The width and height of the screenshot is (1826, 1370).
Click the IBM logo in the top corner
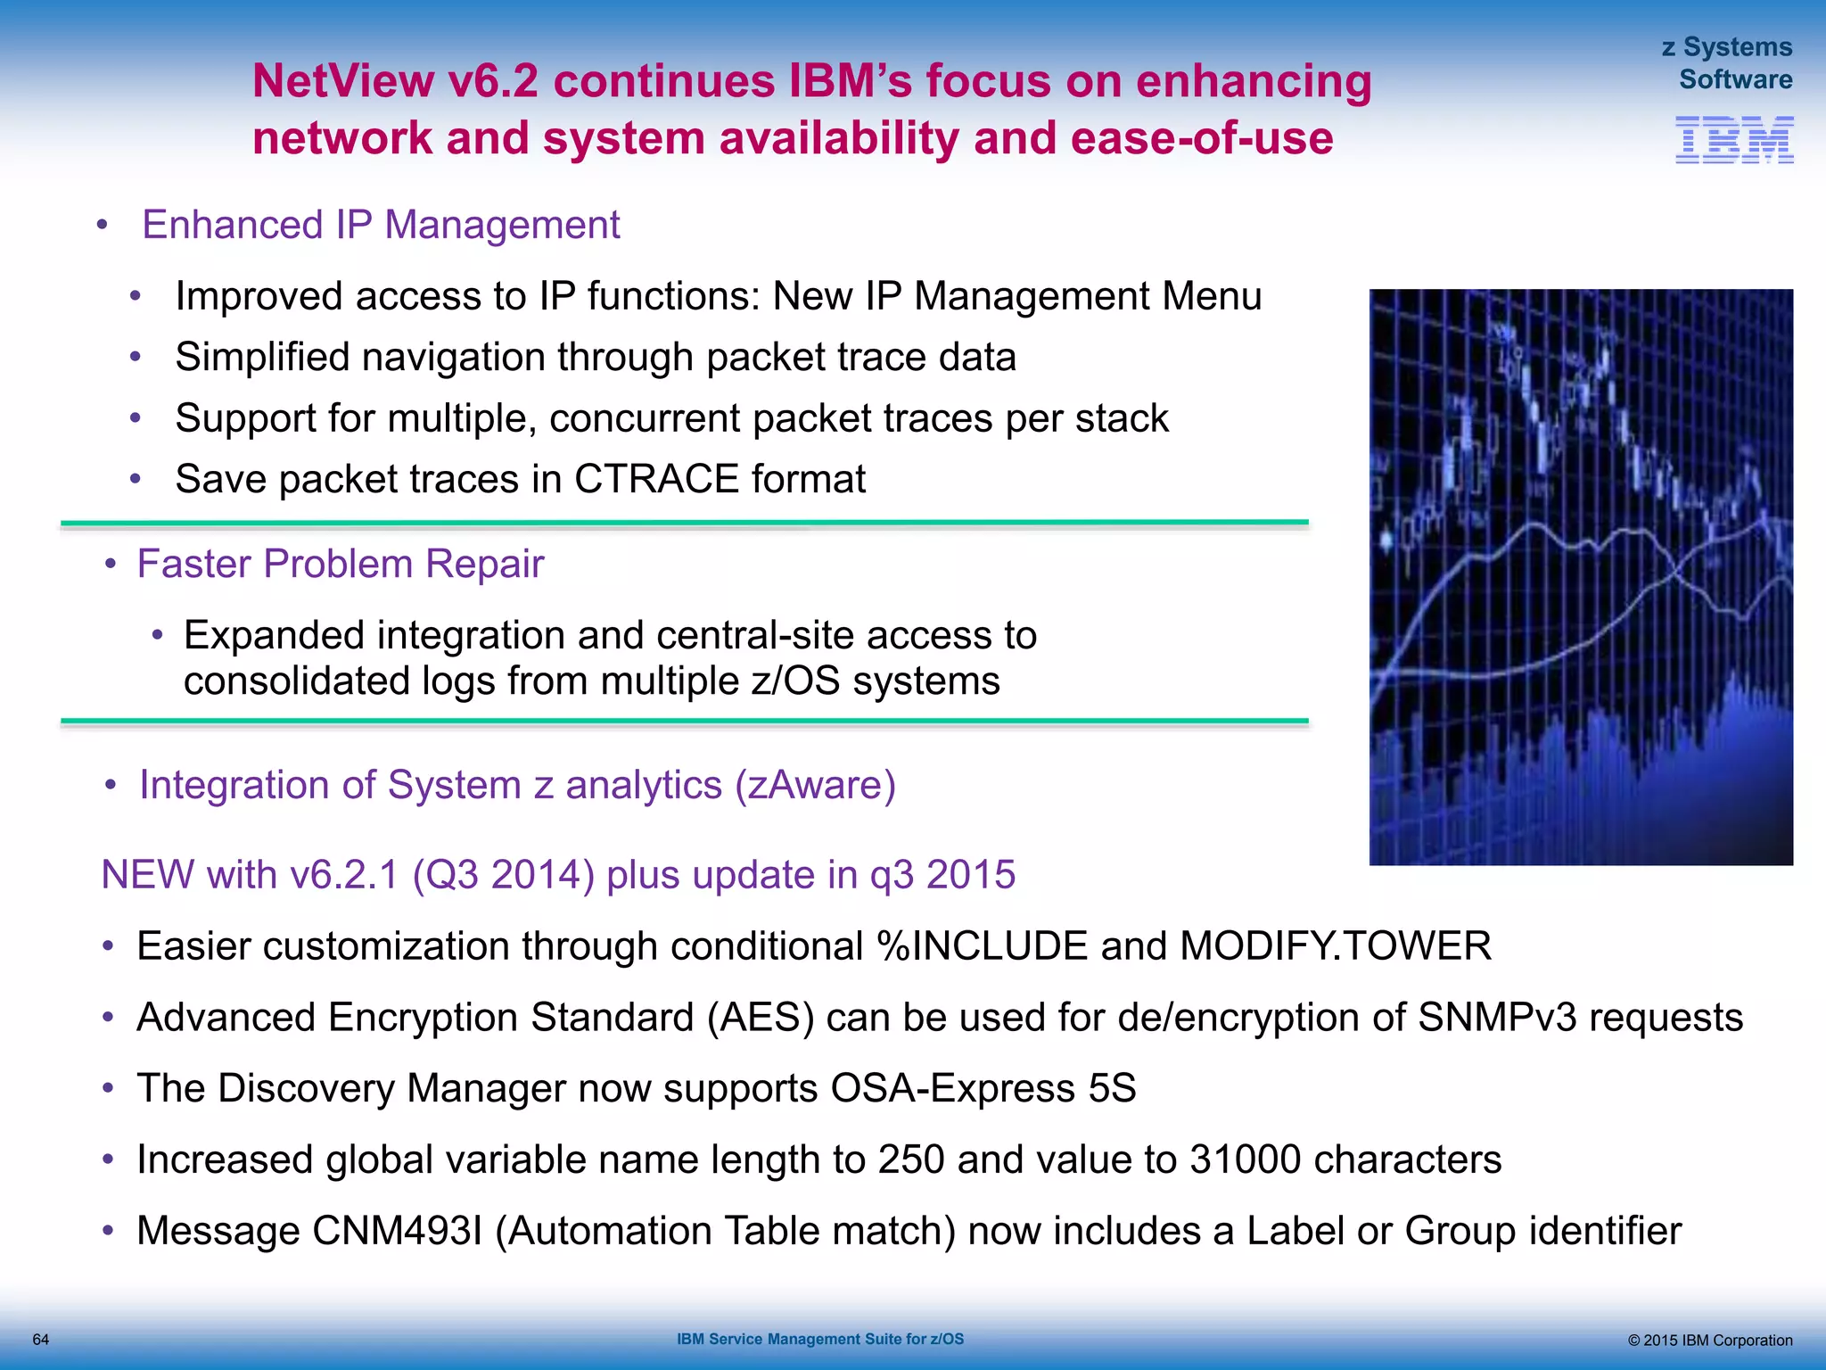tap(1733, 140)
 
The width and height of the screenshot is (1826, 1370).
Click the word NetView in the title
tap(341, 81)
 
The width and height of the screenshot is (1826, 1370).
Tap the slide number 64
tap(41, 1340)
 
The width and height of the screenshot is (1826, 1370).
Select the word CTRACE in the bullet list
tap(656, 480)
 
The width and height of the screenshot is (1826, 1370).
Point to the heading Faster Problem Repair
tap(340, 565)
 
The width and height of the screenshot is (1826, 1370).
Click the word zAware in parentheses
tap(815, 786)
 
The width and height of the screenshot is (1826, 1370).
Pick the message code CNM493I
tap(398, 1231)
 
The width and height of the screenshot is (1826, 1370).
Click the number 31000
tap(1244, 1160)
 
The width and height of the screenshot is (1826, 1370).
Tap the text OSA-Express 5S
tap(983, 1088)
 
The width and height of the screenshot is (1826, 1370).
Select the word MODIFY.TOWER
tap(1335, 946)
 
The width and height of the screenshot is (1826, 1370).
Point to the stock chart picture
tap(1580, 577)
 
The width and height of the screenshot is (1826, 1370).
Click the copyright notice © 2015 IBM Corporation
tap(1709, 1341)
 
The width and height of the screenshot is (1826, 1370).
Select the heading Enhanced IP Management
tap(381, 225)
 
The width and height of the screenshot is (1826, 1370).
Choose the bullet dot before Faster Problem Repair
tap(111, 565)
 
